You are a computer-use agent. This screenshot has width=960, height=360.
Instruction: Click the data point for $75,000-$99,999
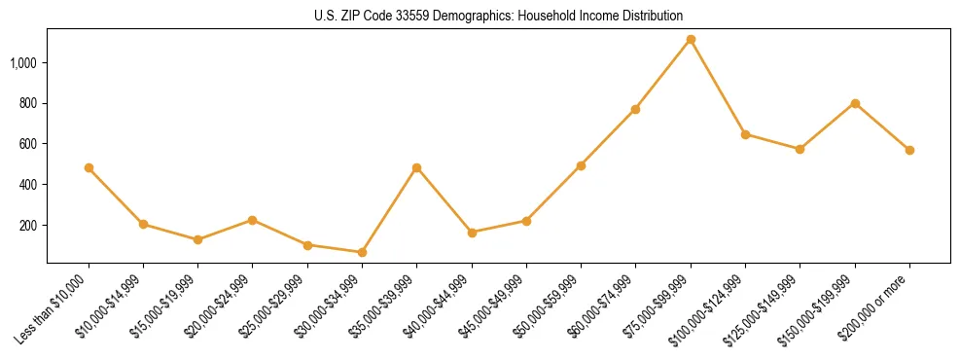(x=691, y=40)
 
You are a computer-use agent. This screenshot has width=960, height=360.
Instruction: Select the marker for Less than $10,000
(x=89, y=168)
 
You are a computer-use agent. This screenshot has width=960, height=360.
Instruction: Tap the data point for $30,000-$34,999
(x=362, y=253)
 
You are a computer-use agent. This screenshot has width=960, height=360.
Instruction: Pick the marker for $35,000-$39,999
(x=417, y=168)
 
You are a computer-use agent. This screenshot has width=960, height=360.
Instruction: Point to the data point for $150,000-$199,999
(x=855, y=103)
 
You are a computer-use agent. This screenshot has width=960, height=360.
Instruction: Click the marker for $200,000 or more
(x=909, y=150)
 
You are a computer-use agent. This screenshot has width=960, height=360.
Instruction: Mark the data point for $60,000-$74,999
(x=636, y=109)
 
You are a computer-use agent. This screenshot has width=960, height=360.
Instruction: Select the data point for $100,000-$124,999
(x=745, y=134)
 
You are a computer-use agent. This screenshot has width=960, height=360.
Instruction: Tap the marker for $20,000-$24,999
(x=253, y=220)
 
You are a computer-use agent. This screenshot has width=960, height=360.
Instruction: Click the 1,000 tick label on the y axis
(x=23, y=63)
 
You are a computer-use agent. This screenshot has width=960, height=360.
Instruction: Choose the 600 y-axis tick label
(x=28, y=144)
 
